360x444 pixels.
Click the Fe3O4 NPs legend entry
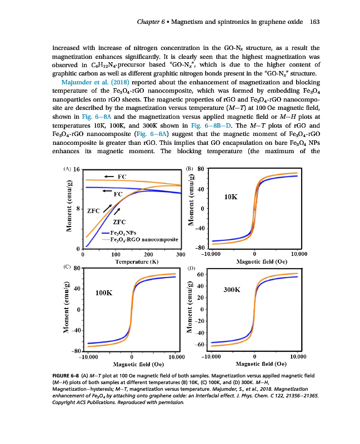point(124,233)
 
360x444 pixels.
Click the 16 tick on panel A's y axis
point(77,169)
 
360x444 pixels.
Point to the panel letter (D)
point(192,268)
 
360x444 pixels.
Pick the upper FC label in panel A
point(122,176)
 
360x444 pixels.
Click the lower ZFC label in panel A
point(122,221)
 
